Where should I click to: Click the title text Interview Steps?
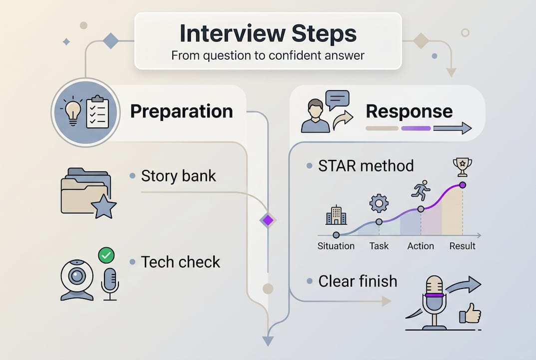click(268, 34)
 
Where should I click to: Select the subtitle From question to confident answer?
click(268, 55)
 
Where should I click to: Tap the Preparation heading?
click(181, 111)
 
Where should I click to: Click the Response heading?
click(409, 111)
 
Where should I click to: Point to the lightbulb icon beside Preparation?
click(73, 111)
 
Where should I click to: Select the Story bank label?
click(178, 176)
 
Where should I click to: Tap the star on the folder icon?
click(104, 206)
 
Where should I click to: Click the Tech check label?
click(180, 262)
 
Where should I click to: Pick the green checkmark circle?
click(106, 255)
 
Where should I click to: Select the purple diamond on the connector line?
click(268, 219)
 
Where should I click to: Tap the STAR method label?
click(366, 165)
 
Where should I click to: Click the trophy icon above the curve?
click(462, 166)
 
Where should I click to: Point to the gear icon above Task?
click(379, 203)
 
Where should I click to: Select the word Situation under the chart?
click(336, 246)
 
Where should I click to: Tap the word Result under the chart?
click(462, 246)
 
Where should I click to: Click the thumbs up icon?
click(471, 315)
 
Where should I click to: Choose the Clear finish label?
click(358, 281)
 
